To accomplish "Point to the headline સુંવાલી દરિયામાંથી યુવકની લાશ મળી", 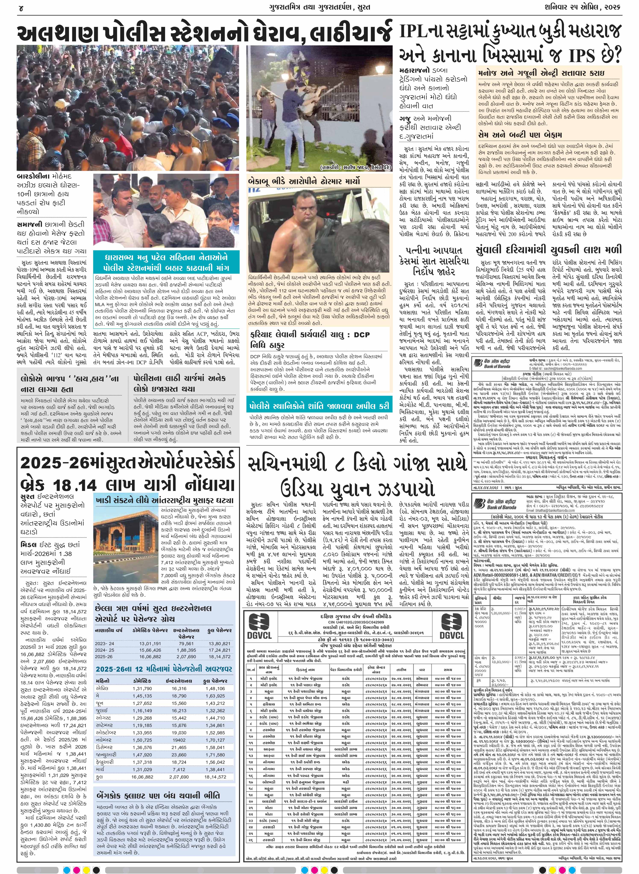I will [548, 249].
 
